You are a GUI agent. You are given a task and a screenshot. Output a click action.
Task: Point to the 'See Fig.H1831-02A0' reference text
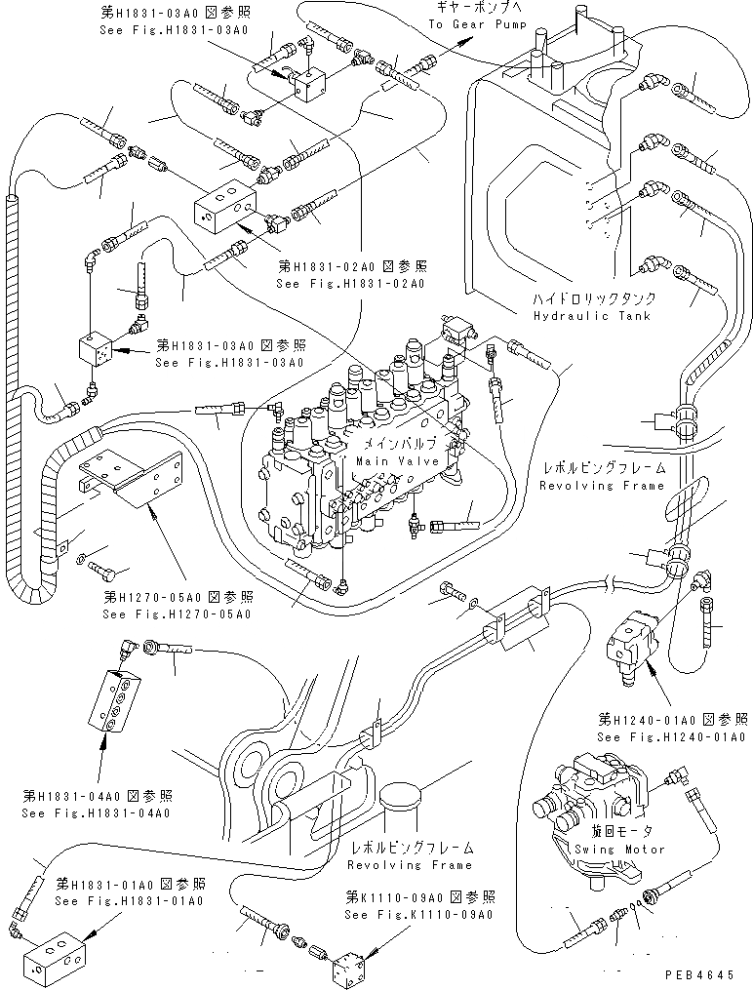pos(350,284)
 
